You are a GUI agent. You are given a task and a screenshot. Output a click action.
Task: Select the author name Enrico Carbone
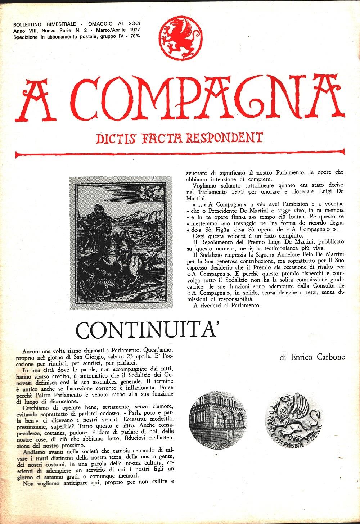click(312, 357)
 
